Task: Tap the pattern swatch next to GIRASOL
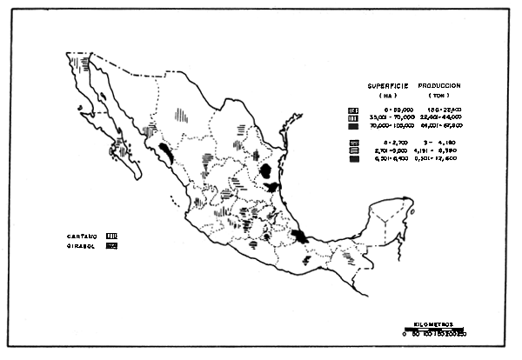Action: coord(111,247)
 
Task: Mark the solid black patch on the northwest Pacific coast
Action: coord(164,156)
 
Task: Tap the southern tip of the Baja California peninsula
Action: coord(138,177)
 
